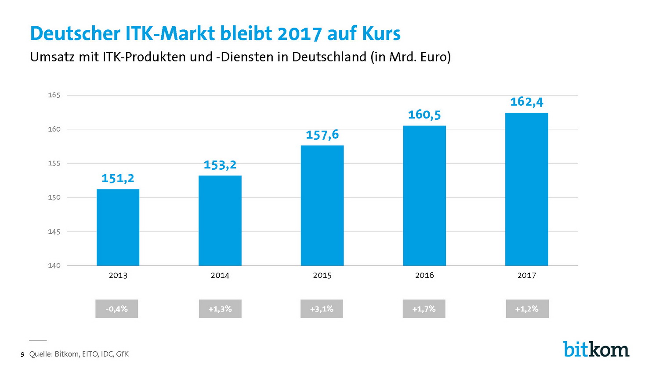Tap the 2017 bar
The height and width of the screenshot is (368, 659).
pos(526,189)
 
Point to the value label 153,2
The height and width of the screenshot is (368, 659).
pos(220,165)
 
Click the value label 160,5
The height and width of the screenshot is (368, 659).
pos(424,115)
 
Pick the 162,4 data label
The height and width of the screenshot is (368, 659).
pos(526,102)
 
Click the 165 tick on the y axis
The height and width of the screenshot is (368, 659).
pos(54,95)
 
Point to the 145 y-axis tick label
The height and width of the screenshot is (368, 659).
pos(54,232)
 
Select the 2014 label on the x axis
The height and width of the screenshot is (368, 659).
pos(220,275)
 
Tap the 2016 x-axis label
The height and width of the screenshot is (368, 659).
pos(424,275)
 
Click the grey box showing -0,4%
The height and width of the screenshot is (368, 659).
pos(117,309)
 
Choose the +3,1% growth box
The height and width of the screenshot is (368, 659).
pos(322,309)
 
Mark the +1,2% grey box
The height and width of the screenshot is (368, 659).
pos(527,309)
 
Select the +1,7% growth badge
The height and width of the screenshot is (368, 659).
pos(424,309)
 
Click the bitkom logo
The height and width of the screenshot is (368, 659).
pos(596,349)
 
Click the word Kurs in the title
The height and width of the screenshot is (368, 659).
pos(382,34)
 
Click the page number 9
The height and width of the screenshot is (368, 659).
pos(22,354)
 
